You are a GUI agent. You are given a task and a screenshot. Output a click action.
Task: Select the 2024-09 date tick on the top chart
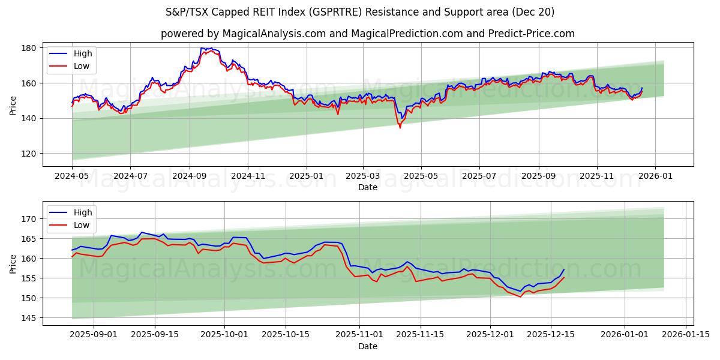coord(190,176)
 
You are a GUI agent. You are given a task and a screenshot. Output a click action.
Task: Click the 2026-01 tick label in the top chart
coord(655,176)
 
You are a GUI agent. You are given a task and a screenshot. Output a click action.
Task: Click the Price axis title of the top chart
coord(13,105)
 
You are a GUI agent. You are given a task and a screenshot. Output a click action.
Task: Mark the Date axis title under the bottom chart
coord(368,347)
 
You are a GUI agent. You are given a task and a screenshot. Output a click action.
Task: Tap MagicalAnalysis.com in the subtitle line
coord(254,34)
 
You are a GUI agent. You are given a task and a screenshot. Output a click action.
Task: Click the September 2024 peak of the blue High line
coord(202,47)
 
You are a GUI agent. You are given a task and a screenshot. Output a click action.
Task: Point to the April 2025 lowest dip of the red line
coord(400,128)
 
